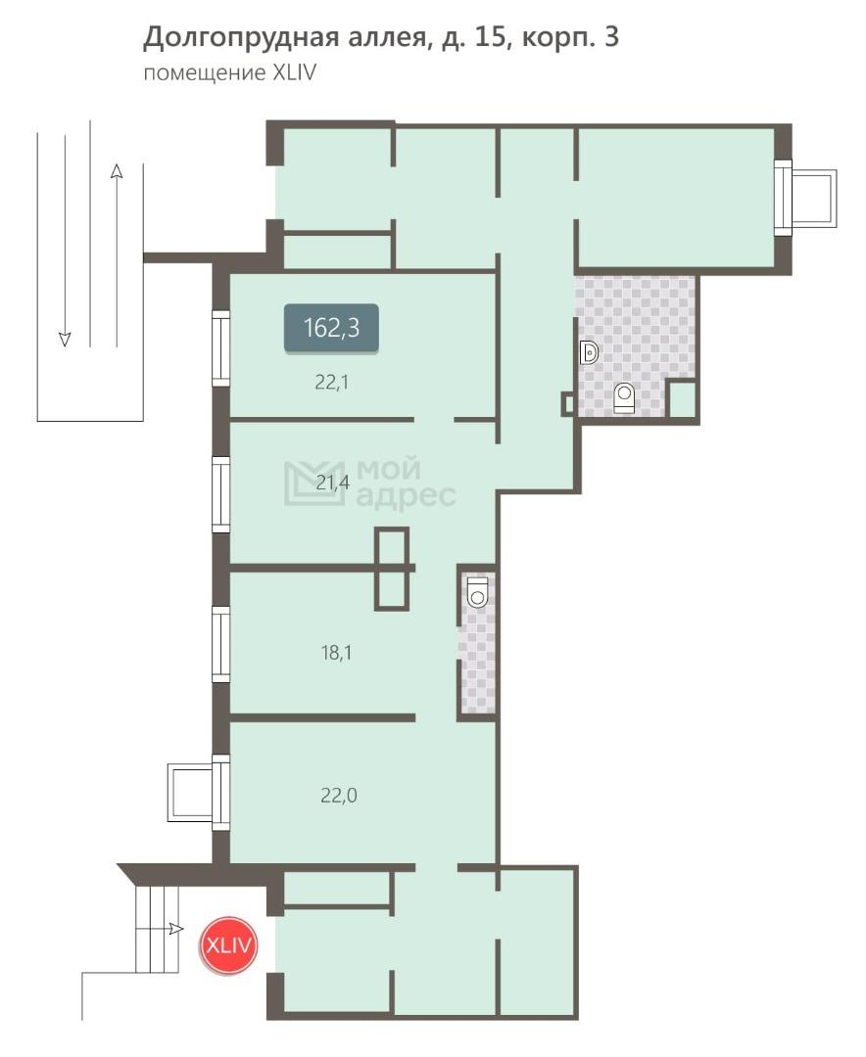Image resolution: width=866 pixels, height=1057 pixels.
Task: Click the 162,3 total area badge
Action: (x=331, y=328)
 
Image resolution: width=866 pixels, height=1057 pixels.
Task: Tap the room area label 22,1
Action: (x=331, y=383)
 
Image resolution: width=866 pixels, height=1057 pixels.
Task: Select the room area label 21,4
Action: (x=333, y=482)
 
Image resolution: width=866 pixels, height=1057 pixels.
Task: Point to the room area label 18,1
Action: (x=336, y=653)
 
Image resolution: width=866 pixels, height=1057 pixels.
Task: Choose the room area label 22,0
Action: (x=339, y=796)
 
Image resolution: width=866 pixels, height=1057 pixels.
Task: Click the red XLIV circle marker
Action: (x=229, y=945)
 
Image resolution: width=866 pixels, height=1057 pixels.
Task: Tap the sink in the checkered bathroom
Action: (x=589, y=352)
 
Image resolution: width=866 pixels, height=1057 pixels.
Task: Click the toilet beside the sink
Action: (x=624, y=397)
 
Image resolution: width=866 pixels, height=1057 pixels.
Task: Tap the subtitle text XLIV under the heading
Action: (x=294, y=72)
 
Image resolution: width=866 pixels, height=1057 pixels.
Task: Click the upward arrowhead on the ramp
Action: (x=117, y=170)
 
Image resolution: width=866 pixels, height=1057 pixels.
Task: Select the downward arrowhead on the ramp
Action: (x=65, y=339)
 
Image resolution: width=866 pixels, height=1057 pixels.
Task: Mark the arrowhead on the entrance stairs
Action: (x=177, y=929)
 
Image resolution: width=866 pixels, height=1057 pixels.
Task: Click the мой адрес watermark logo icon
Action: (x=314, y=483)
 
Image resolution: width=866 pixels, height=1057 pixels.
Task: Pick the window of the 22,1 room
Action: (x=220, y=347)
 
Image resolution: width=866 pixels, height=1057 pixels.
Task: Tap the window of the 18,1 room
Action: (x=220, y=644)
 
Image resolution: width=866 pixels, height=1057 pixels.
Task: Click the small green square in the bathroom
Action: (x=682, y=399)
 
